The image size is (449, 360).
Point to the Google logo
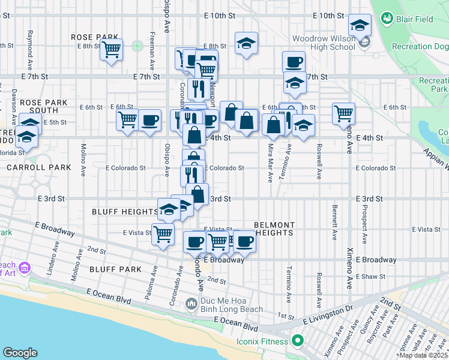[20, 352]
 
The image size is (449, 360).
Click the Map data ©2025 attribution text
[423, 355]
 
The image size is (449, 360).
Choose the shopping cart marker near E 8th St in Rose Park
[112, 50]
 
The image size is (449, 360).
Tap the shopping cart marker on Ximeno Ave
[343, 112]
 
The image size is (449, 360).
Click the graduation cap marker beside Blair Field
[360, 25]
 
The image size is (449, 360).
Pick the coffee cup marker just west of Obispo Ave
[149, 120]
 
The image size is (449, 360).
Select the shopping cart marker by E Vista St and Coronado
[163, 234]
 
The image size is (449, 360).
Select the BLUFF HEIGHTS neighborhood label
[125, 212]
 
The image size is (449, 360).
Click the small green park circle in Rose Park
[137, 45]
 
